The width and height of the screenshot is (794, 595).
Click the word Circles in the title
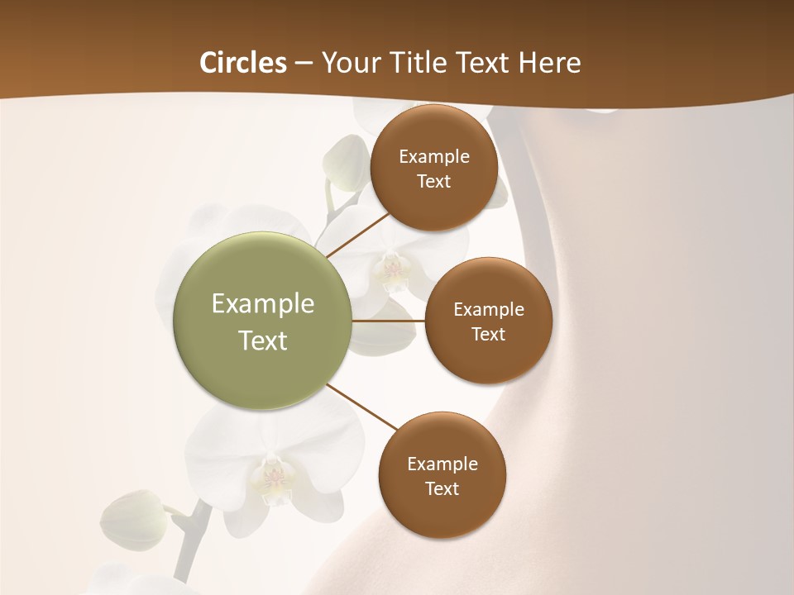[242, 63]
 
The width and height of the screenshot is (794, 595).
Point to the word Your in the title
[347, 63]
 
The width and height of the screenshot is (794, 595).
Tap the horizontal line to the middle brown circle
[388, 321]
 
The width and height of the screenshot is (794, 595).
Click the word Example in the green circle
[263, 304]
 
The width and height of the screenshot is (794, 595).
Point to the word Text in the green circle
[263, 340]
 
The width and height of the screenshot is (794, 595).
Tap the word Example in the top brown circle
[433, 157]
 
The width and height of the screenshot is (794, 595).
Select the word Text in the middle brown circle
[488, 334]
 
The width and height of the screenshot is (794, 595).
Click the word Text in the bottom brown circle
[442, 488]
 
